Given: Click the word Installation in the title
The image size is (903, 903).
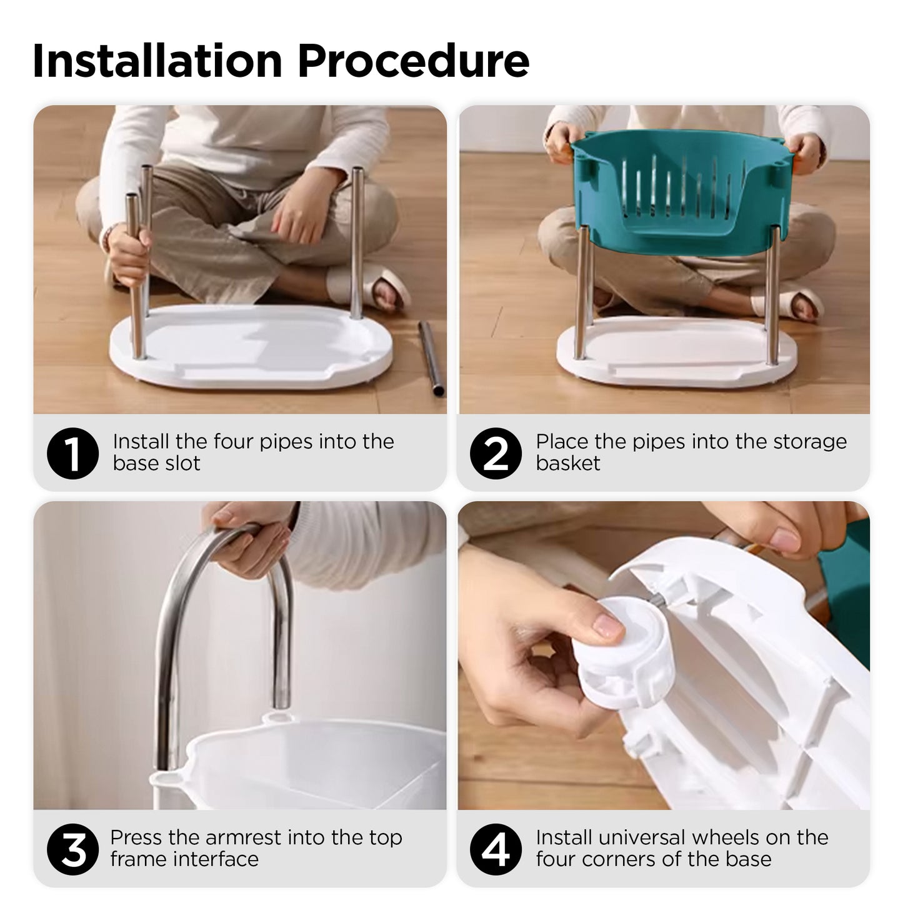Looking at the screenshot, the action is coord(157,61).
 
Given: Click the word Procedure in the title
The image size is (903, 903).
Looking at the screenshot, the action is coord(414,61).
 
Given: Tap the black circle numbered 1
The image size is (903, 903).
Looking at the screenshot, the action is coord(72,453).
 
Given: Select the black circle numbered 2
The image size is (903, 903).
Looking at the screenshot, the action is coord(496,453).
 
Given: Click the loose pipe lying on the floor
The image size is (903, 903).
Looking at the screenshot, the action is coord(431,358).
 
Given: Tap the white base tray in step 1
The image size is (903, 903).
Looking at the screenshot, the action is coord(251,347).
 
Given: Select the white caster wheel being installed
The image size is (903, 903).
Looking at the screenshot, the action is coord(621,654).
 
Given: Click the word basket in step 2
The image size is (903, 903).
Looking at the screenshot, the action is coord(568,464).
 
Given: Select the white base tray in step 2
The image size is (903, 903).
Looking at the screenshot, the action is coord(676,351).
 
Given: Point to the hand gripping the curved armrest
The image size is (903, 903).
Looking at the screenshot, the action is coord(251,539).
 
